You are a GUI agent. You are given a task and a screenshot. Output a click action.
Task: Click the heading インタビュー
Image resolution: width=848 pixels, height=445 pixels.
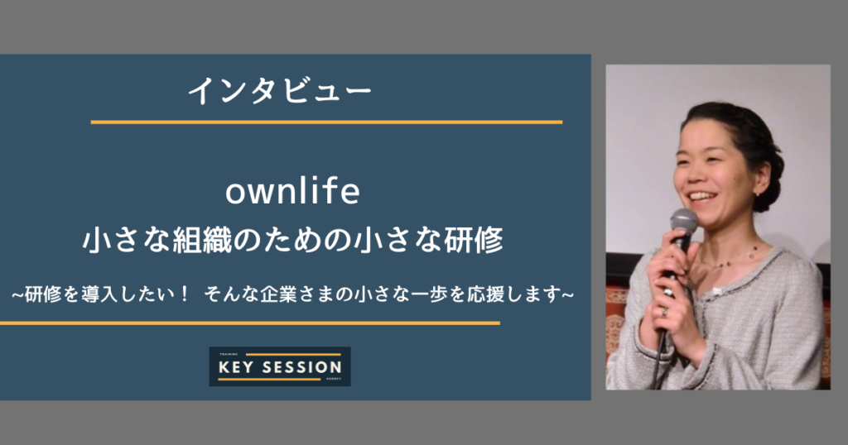(280, 91)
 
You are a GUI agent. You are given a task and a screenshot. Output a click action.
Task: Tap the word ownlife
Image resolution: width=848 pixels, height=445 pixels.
(292, 190)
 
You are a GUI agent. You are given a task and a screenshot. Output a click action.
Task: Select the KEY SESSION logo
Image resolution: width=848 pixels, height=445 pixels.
(280, 366)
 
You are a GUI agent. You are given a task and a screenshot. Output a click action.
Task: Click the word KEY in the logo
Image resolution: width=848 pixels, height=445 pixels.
(236, 368)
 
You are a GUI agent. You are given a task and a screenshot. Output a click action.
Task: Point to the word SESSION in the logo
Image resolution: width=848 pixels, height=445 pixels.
(301, 368)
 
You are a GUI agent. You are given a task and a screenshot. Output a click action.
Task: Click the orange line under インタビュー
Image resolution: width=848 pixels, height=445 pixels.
(326, 122)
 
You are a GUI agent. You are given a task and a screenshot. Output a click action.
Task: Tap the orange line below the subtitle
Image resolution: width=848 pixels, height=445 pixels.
(250, 323)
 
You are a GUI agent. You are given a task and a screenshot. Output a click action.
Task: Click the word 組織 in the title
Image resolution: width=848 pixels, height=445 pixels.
(194, 241)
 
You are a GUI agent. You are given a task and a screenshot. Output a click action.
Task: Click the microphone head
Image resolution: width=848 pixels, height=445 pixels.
(684, 222)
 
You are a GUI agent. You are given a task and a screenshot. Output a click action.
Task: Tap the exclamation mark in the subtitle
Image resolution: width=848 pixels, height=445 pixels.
(184, 294)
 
